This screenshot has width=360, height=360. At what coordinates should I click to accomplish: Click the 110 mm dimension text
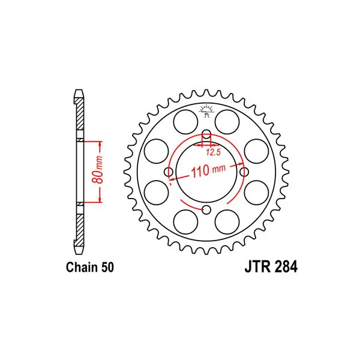click(x=208, y=170)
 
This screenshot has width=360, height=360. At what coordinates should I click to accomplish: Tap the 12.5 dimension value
click(x=213, y=152)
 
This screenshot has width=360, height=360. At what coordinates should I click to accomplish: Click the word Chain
click(x=81, y=267)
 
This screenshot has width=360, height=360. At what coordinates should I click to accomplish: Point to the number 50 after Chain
click(x=107, y=267)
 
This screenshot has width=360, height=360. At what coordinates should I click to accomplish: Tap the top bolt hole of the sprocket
click(x=206, y=134)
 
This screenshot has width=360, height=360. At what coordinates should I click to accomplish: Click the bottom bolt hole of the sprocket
click(x=206, y=209)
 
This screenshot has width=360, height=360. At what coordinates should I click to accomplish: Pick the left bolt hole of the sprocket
click(x=169, y=172)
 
